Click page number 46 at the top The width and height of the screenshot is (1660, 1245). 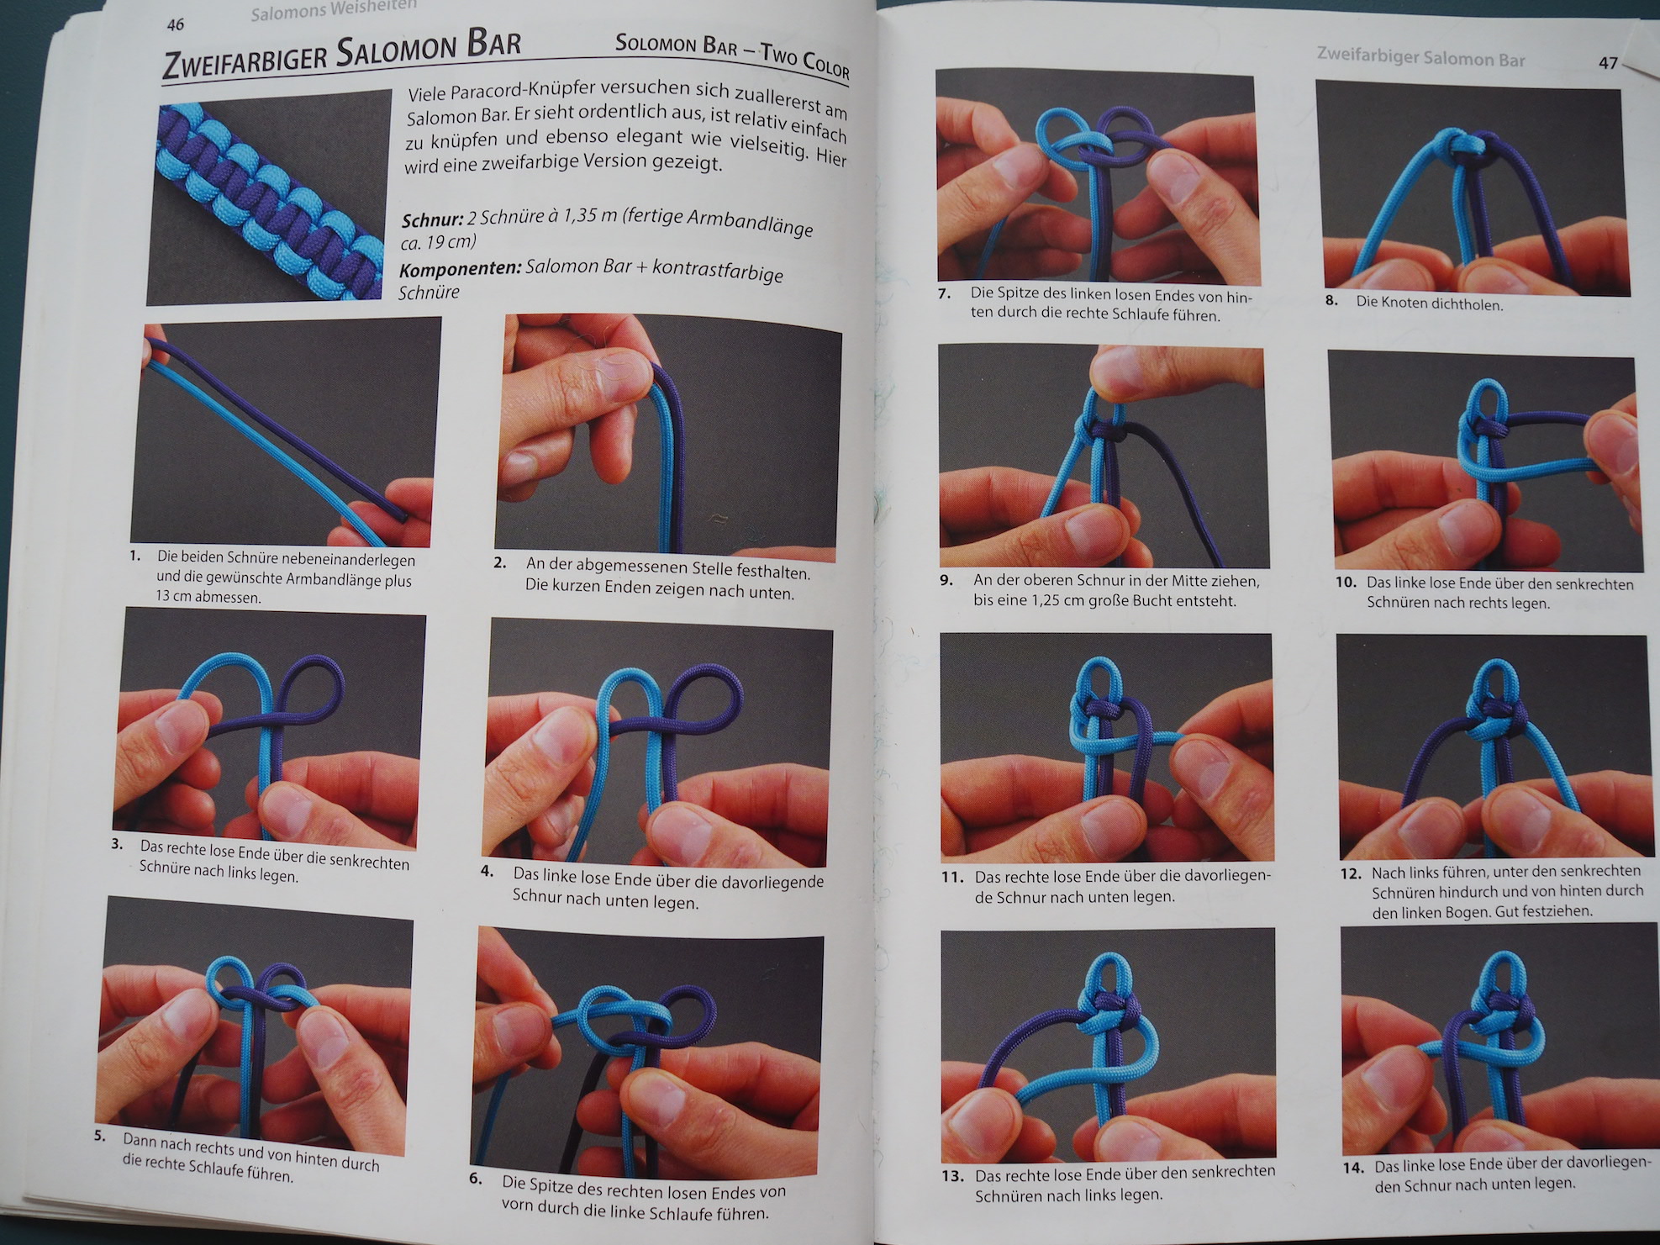pyautogui.click(x=175, y=24)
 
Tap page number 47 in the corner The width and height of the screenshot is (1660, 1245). pyautogui.click(x=1608, y=63)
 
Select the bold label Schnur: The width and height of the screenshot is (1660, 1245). pyautogui.click(x=433, y=220)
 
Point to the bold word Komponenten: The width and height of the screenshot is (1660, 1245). pyautogui.click(x=460, y=269)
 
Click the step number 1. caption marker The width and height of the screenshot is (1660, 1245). pyautogui.click(x=135, y=556)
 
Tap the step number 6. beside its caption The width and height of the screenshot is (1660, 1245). pyautogui.click(x=476, y=1179)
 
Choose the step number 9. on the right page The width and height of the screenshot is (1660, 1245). pyautogui.click(x=947, y=580)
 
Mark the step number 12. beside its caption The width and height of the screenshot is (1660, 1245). pyautogui.click(x=1351, y=873)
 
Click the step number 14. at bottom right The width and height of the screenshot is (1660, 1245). pyautogui.click(x=1353, y=1167)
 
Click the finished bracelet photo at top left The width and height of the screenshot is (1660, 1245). pyautogui.click(x=269, y=198)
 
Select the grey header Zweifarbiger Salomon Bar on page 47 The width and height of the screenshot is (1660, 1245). pyautogui.click(x=1420, y=58)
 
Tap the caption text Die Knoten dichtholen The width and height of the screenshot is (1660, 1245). pyautogui.click(x=1429, y=303)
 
